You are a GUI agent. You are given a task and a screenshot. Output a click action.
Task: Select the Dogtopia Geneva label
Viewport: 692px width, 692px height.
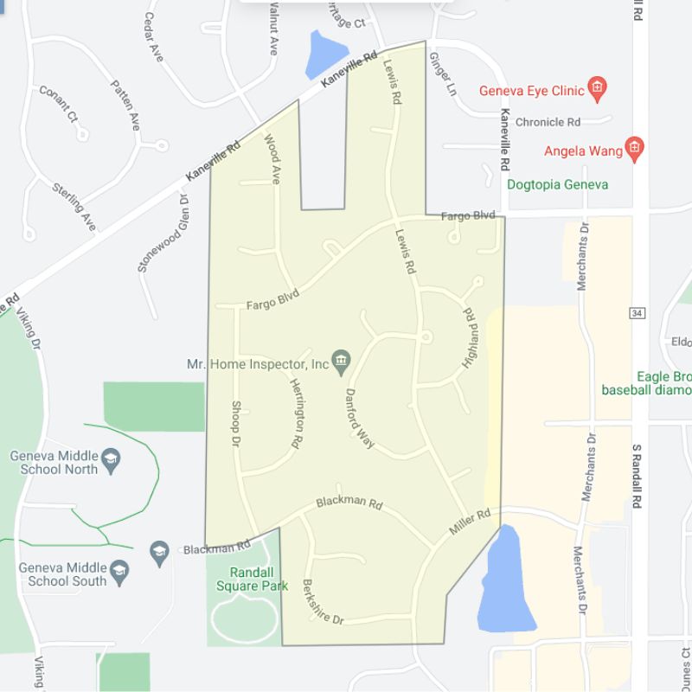(x=557, y=184)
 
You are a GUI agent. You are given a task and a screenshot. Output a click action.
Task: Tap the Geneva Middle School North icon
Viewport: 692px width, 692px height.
(x=110, y=462)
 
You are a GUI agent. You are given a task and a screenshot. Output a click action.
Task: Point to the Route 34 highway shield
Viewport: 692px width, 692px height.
(x=638, y=311)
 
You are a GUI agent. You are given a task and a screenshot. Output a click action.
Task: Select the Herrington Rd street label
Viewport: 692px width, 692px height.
(x=296, y=413)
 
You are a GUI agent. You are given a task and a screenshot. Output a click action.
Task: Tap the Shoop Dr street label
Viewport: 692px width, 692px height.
(x=234, y=424)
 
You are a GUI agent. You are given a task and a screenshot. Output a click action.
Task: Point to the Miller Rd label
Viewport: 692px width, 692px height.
(x=470, y=522)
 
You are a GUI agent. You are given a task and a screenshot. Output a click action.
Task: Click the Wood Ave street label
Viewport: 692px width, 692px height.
(x=272, y=159)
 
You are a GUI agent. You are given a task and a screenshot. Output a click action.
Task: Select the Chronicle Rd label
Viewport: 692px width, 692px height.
(x=549, y=122)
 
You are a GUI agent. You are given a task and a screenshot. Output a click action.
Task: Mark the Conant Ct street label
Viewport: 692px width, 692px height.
(x=59, y=103)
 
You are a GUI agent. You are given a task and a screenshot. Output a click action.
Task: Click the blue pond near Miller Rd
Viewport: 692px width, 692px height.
(x=507, y=580)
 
